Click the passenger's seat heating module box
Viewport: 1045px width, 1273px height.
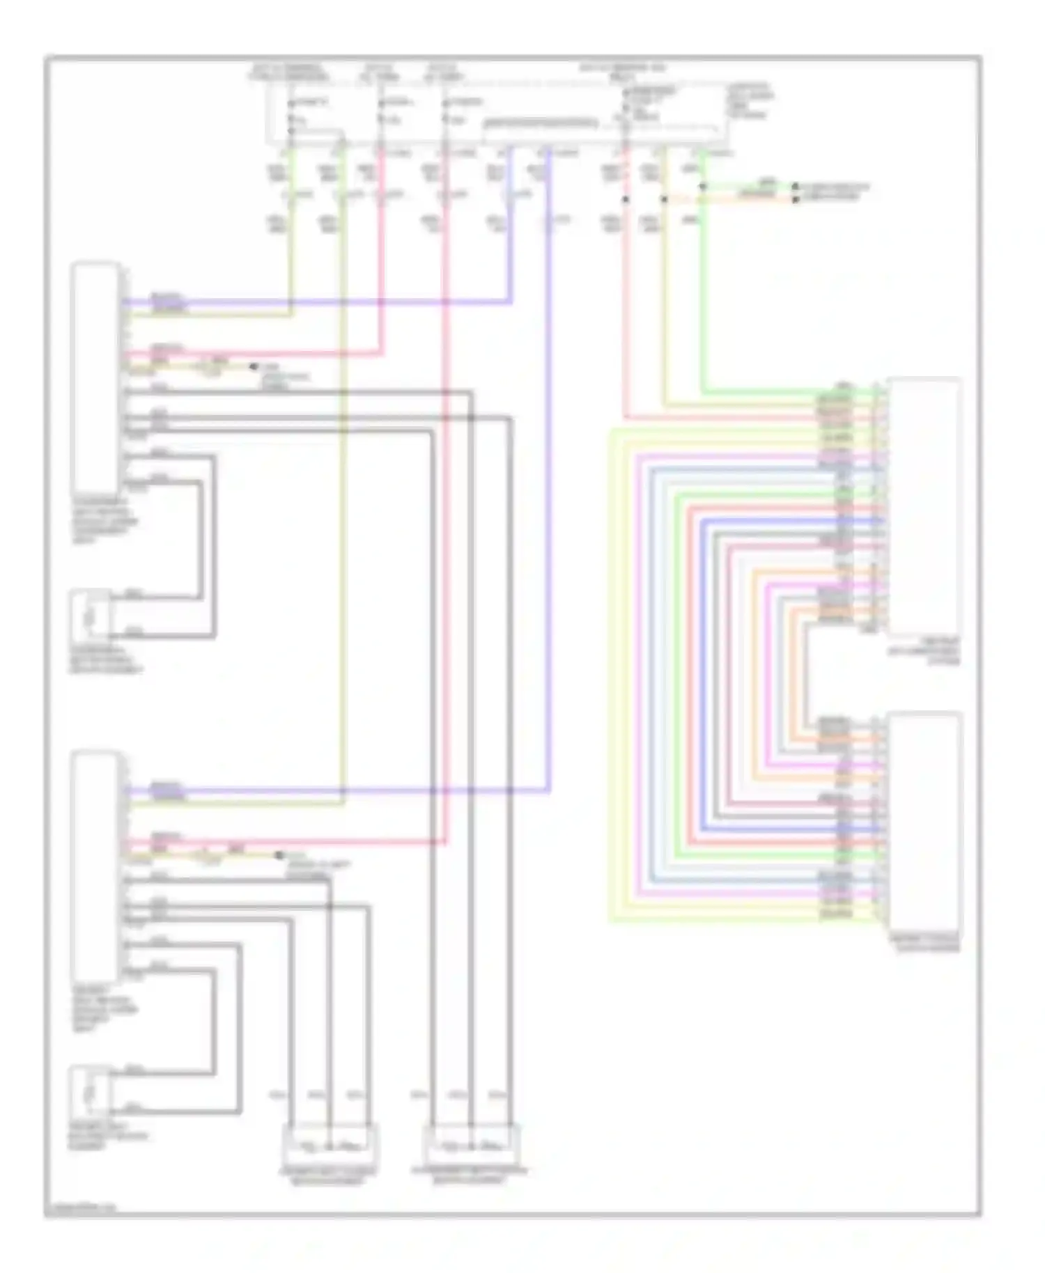pyautogui.click(x=95, y=377)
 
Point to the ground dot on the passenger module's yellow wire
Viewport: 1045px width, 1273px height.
pyautogui.click(x=254, y=366)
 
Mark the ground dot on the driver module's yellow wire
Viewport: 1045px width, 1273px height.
pyautogui.click(x=279, y=855)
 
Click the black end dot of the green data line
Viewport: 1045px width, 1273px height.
pyautogui.click(x=795, y=187)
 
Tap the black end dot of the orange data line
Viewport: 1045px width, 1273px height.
pyautogui.click(x=795, y=199)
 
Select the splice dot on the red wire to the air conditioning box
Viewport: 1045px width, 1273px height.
pyautogui.click(x=625, y=199)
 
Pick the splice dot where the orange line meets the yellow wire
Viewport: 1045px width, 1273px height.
pyautogui.click(x=663, y=199)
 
